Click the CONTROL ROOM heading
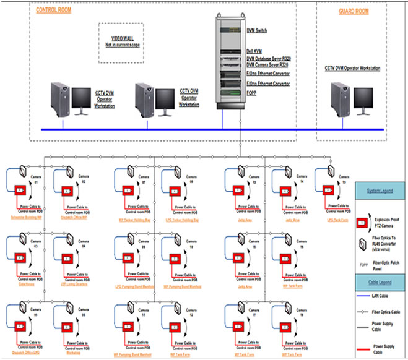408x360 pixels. [53, 11]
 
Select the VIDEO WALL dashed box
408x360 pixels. [121, 42]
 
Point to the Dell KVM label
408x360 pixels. [254, 53]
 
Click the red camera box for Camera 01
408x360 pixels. [20, 189]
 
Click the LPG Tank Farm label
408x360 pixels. [338, 219]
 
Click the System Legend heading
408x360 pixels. [380, 191]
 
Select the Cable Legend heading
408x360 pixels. [380, 282]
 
